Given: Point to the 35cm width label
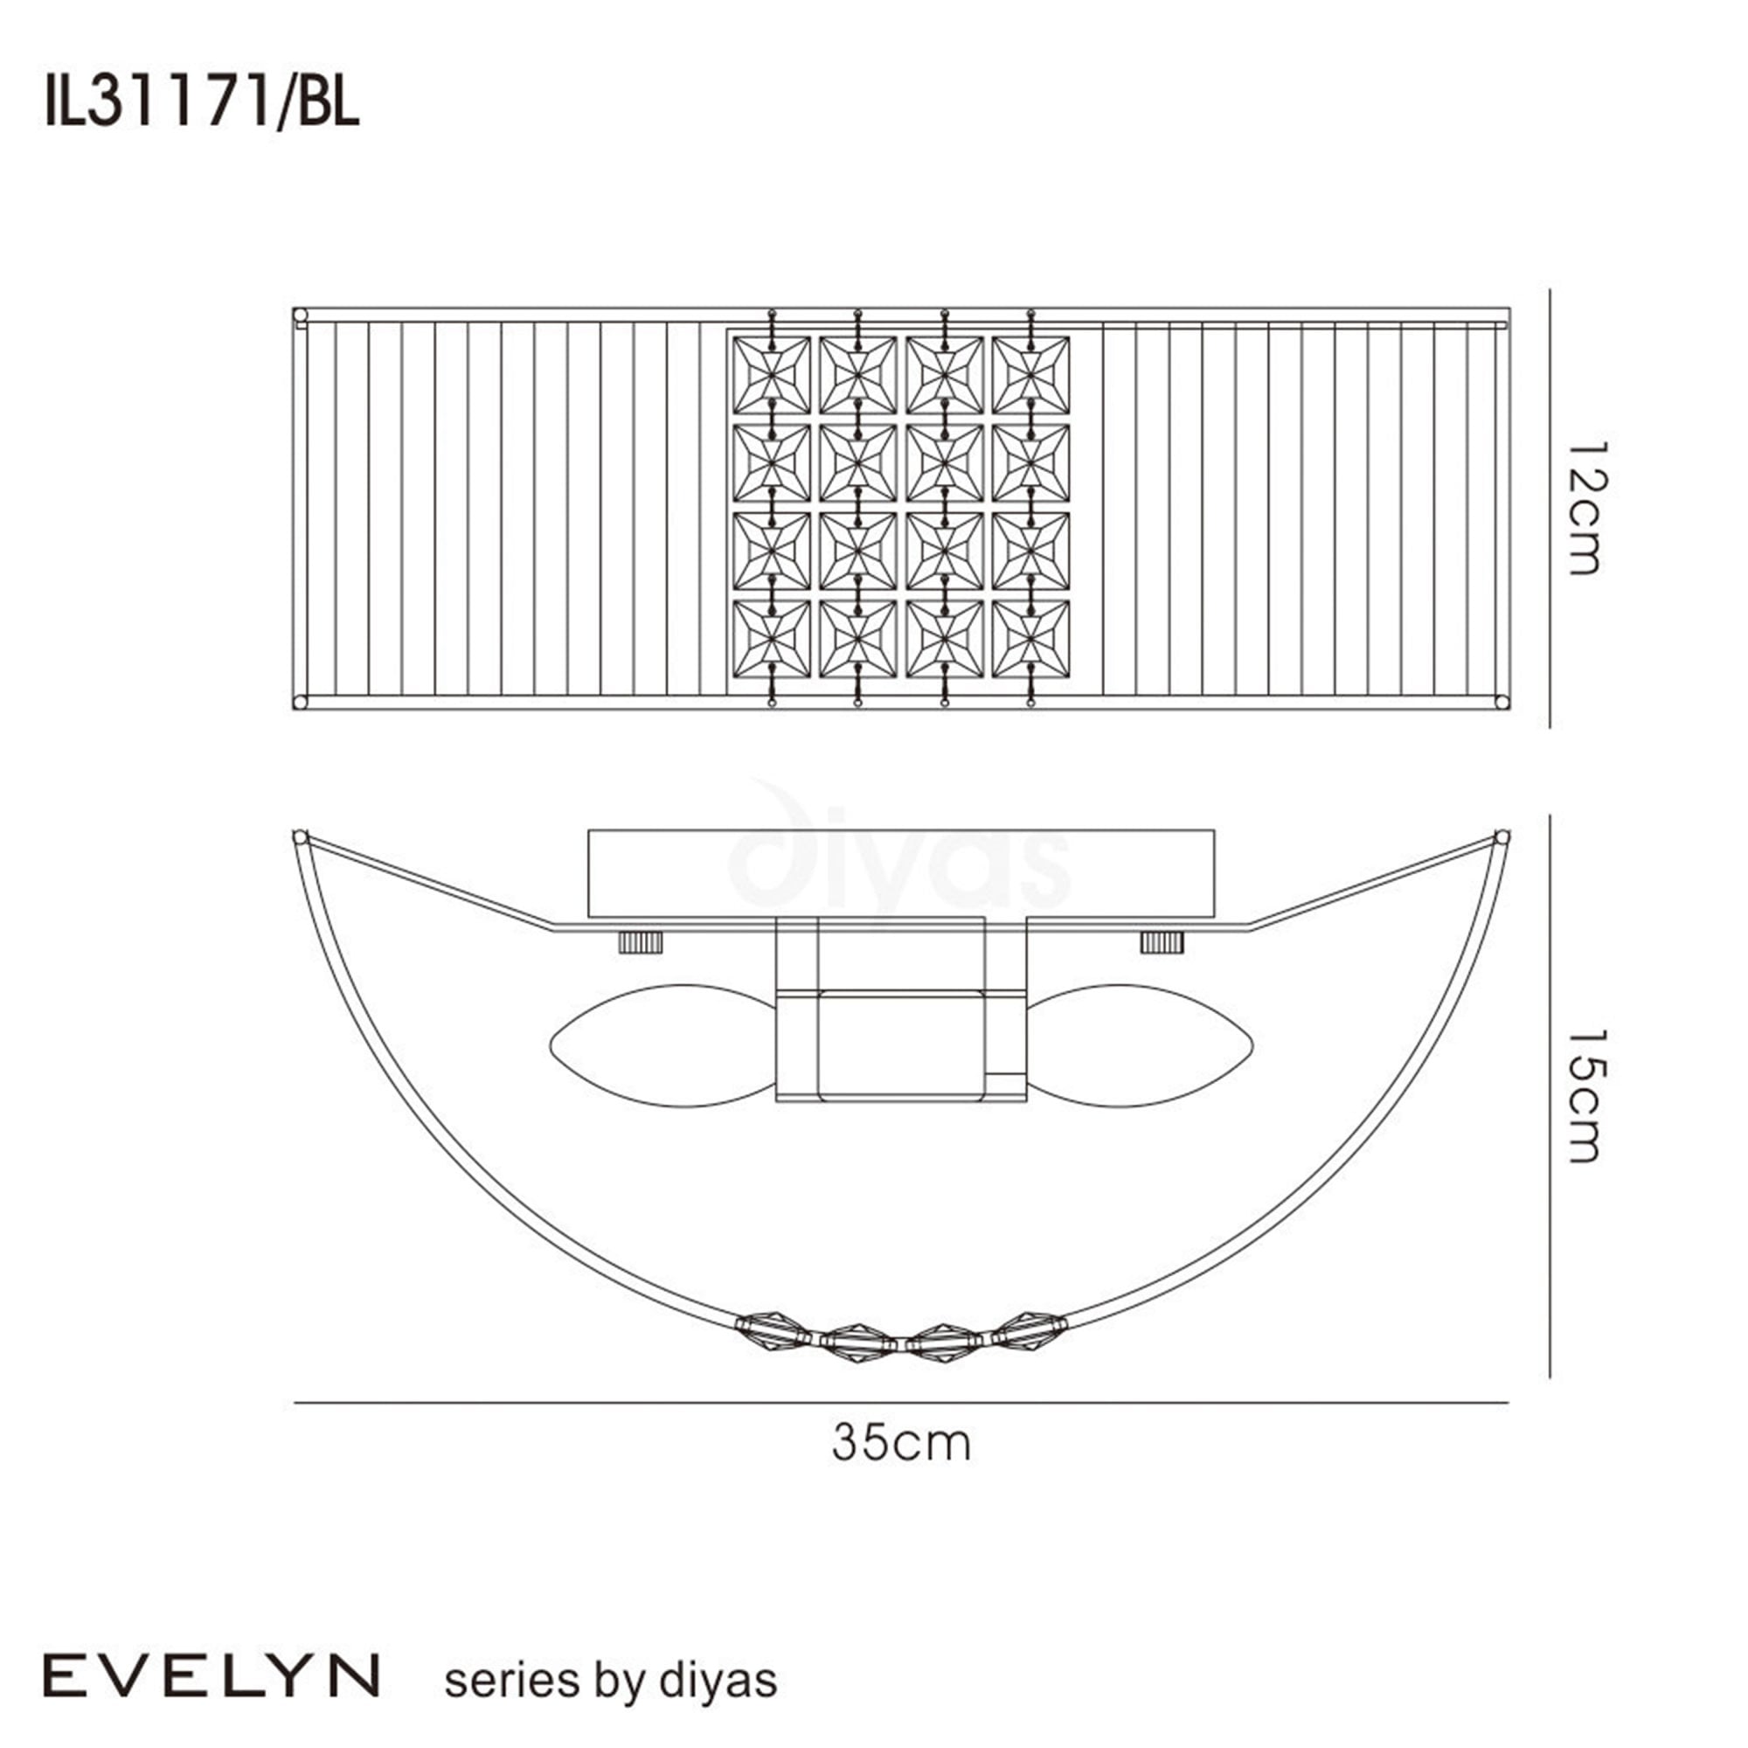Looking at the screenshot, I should click(x=900, y=1443).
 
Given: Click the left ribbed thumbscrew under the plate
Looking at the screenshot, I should click(x=641, y=942).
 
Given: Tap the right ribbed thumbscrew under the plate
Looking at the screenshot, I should click(x=1162, y=942).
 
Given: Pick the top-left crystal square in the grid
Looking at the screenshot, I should click(x=771, y=376).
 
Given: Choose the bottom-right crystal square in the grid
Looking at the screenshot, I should click(x=1030, y=639).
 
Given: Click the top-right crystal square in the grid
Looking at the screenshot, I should click(x=1030, y=376).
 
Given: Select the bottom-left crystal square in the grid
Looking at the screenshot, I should click(x=771, y=639).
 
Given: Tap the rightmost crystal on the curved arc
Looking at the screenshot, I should click(x=1030, y=1329).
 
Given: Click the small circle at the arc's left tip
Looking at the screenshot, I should click(x=301, y=837).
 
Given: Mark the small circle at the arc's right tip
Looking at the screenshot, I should click(x=1502, y=837).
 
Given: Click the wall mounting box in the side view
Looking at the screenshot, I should click(x=900, y=873).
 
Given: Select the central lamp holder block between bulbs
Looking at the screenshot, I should click(x=900, y=1045).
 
